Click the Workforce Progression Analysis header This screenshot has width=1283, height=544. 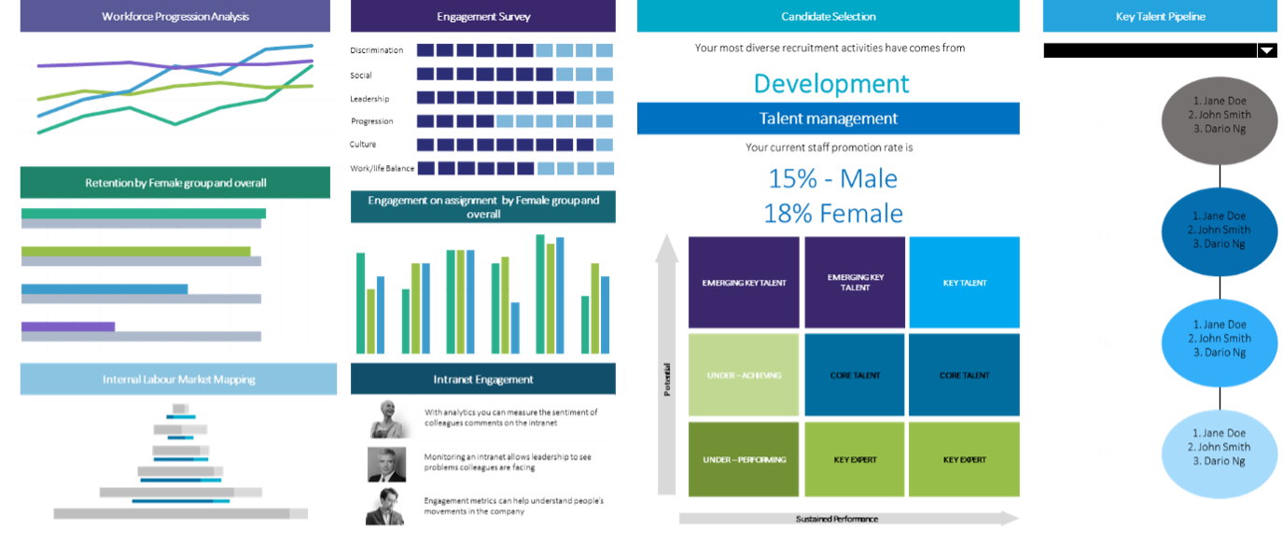174,16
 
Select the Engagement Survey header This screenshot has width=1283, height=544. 482,17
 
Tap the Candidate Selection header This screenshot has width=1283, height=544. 828,16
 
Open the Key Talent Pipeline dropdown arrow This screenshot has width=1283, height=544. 1267,50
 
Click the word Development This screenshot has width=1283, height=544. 831,84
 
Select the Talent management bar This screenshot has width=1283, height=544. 828,119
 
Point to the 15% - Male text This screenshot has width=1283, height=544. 832,179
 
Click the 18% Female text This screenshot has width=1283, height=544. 832,214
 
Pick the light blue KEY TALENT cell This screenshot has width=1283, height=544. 964,283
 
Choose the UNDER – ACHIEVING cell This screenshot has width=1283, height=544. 744,375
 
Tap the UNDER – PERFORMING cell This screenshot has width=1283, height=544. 744,459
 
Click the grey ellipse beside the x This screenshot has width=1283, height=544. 1220,121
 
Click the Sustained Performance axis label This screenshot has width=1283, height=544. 836,519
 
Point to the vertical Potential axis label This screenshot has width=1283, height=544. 666,379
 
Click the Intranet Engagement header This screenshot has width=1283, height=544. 482,379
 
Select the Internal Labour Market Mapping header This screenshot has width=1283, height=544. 178,380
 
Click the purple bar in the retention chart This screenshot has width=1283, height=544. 68,326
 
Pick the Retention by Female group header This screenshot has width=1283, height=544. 174,183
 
